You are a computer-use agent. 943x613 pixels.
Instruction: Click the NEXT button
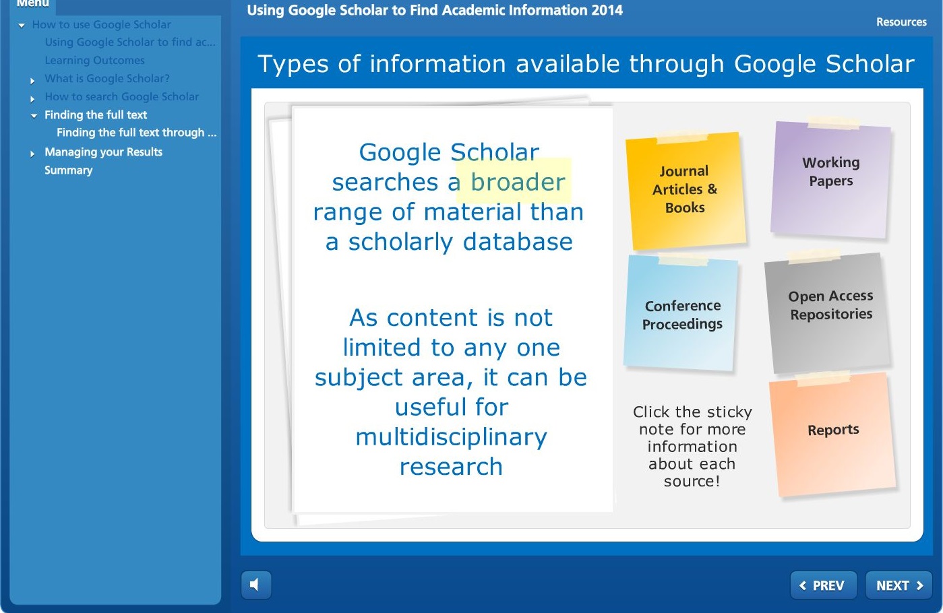pyautogui.click(x=899, y=585)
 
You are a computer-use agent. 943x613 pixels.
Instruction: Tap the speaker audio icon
pyautogui.click(x=255, y=585)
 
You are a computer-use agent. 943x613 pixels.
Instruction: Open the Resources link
pyautogui.click(x=901, y=22)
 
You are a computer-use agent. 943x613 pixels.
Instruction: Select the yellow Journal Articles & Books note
pyautogui.click(x=686, y=191)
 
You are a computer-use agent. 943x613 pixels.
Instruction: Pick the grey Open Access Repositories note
pyautogui.click(x=828, y=312)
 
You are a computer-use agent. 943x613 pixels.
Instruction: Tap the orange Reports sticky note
pyautogui.click(x=832, y=434)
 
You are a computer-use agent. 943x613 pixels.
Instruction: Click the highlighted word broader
pyautogui.click(x=518, y=182)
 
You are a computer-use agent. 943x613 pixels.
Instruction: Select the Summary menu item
pyautogui.click(x=69, y=170)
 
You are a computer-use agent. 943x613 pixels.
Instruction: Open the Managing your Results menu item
pyautogui.click(x=104, y=152)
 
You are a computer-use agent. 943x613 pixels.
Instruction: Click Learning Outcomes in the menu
pyautogui.click(x=95, y=60)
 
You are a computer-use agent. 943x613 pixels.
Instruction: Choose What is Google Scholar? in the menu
pyautogui.click(x=107, y=78)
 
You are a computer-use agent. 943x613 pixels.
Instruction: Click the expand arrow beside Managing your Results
pyautogui.click(x=32, y=154)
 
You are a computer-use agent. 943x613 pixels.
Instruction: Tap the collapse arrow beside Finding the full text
pyautogui.click(x=34, y=116)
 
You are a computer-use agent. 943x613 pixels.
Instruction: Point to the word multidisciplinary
pyautogui.click(x=452, y=437)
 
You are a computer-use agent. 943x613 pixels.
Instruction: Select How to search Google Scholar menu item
pyautogui.click(x=121, y=96)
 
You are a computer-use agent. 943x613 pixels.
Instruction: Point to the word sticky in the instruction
pyautogui.click(x=729, y=412)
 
